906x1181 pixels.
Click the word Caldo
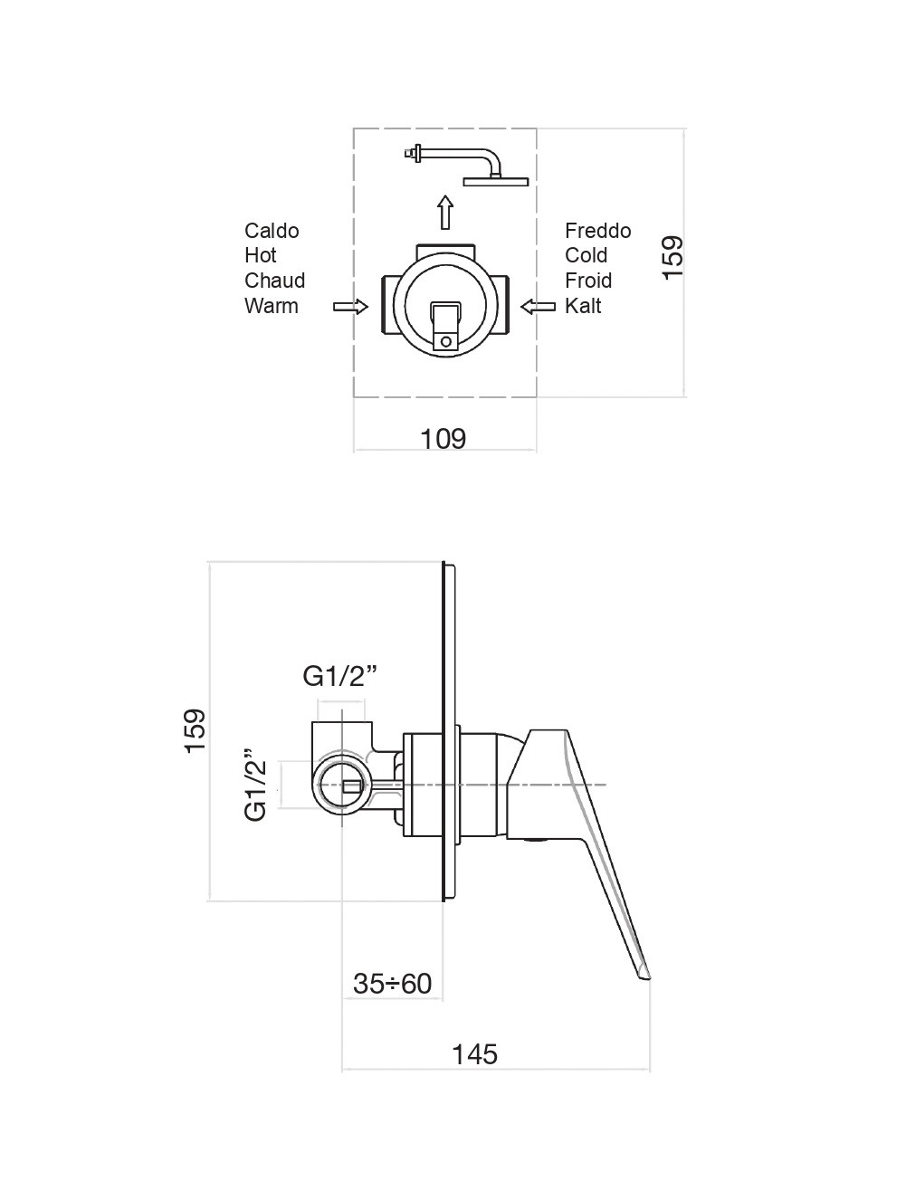tap(272, 231)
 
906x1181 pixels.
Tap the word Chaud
tap(274, 281)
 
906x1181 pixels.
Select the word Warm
tap(271, 306)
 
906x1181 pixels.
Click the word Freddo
tap(597, 231)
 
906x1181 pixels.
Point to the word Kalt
tap(583, 306)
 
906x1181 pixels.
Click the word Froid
tap(588, 281)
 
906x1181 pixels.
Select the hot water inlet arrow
tap(351, 307)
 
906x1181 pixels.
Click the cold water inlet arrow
tap(539, 307)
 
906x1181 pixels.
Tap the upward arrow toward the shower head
tap(444, 213)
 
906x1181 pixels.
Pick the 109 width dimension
tap(443, 439)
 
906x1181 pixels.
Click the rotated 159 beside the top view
tap(672, 257)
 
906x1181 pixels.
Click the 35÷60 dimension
tap(392, 983)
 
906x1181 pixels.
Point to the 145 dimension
tap(475, 1053)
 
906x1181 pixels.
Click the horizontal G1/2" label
tap(339, 676)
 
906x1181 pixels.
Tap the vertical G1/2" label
tap(256, 785)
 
